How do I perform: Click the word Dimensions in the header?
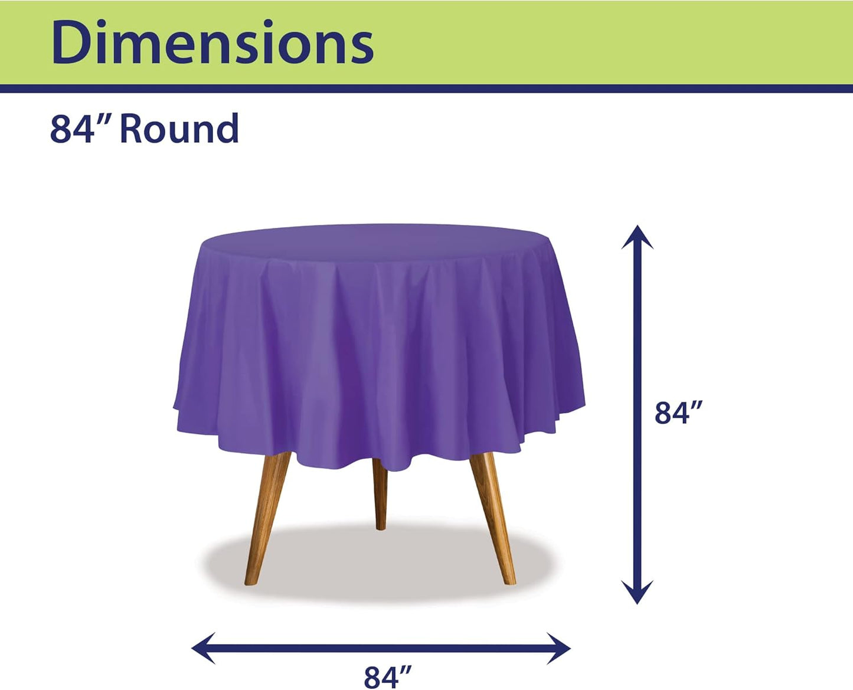213,42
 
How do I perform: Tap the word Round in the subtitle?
179,129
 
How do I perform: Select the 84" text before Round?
72,129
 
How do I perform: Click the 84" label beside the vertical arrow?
679,413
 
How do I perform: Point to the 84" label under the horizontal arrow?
387,676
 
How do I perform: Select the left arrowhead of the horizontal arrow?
202,648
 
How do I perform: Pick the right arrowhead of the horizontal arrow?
560,648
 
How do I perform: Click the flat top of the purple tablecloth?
378,241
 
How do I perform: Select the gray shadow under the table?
378,564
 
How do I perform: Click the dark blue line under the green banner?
426,89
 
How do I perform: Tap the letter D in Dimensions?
70,42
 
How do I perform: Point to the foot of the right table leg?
509,580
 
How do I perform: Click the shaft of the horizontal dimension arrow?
381,648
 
